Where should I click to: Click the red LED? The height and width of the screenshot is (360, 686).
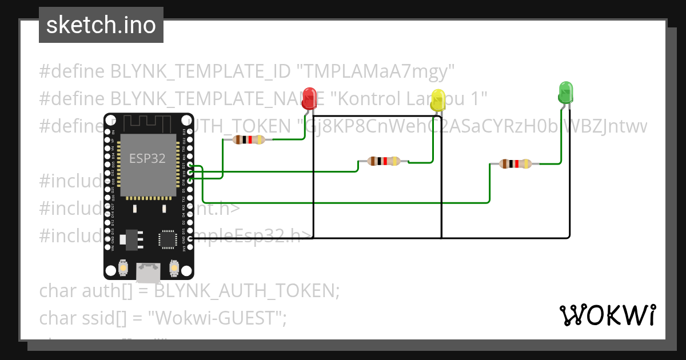click(309, 98)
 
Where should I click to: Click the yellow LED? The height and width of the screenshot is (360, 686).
click(438, 101)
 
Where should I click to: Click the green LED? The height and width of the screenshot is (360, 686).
click(565, 92)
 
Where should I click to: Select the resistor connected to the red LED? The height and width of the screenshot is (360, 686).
click(249, 139)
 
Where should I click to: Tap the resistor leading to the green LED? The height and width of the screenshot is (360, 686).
click(515, 164)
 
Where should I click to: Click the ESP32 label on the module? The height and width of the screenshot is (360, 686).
click(147, 158)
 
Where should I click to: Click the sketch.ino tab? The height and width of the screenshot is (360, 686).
click(101, 25)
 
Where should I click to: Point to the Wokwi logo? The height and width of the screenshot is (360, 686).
click(607, 315)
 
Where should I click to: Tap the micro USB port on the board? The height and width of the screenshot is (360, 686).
click(149, 272)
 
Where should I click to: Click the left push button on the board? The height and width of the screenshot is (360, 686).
click(123, 267)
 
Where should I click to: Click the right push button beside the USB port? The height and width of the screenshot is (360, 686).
click(175, 267)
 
